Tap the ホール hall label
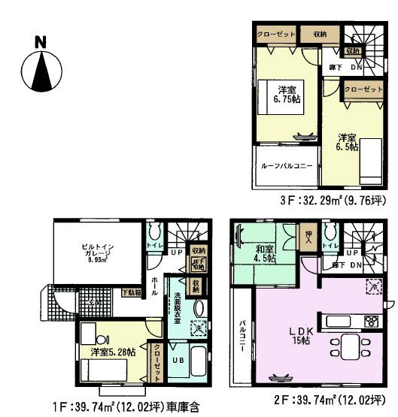coord(155,284)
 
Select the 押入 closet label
coord(306,234)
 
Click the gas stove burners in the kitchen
coord(371,322)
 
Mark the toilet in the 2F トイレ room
coord(327,229)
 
